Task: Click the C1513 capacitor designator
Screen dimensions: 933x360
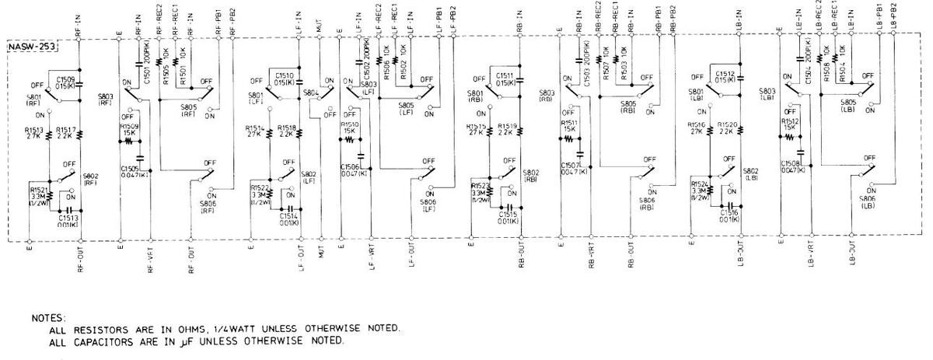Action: [x=68, y=218]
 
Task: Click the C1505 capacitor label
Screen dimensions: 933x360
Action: [x=130, y=167]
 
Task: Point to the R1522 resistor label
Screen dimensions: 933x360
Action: [x=260, y=188]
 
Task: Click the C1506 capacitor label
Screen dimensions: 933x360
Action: [x=350, y=167]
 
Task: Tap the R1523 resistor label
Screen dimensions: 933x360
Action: [x=480, y=185]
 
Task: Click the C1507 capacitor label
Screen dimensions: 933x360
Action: [x=571, y=166]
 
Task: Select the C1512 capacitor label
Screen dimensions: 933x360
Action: [x=725, y=75]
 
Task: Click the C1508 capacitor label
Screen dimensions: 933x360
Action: [x=791, y=163]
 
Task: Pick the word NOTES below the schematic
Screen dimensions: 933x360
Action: [x=48, y=319]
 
